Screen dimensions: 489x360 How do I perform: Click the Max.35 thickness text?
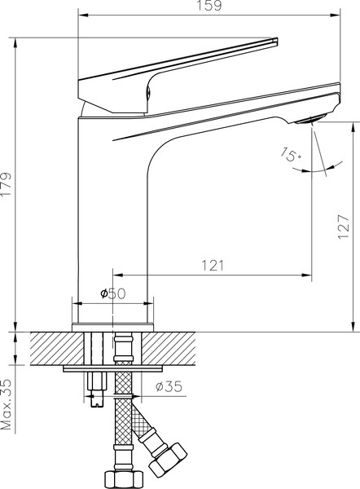[7, 404]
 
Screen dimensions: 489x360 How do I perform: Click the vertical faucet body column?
[111, 220]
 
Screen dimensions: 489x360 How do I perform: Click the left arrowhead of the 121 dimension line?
[116, 275]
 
